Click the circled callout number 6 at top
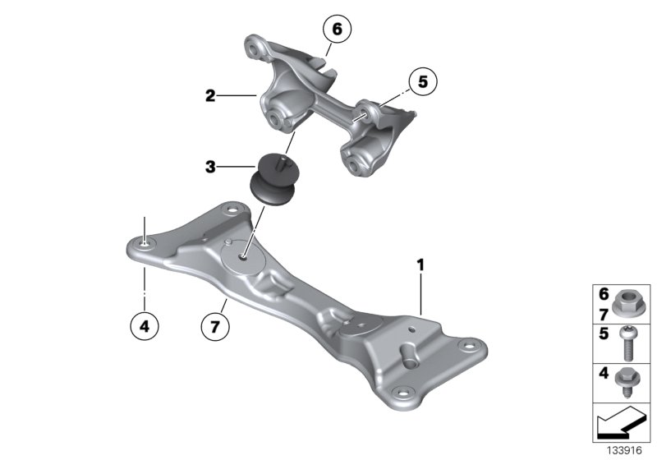335,30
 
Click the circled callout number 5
422,82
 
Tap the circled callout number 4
145,326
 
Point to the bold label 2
210,96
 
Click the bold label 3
210,168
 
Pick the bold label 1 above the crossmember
420,265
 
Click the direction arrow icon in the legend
620,425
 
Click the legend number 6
604,293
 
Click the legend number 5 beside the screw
604,334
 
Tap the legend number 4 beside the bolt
604,375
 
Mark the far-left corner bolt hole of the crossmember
145,243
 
